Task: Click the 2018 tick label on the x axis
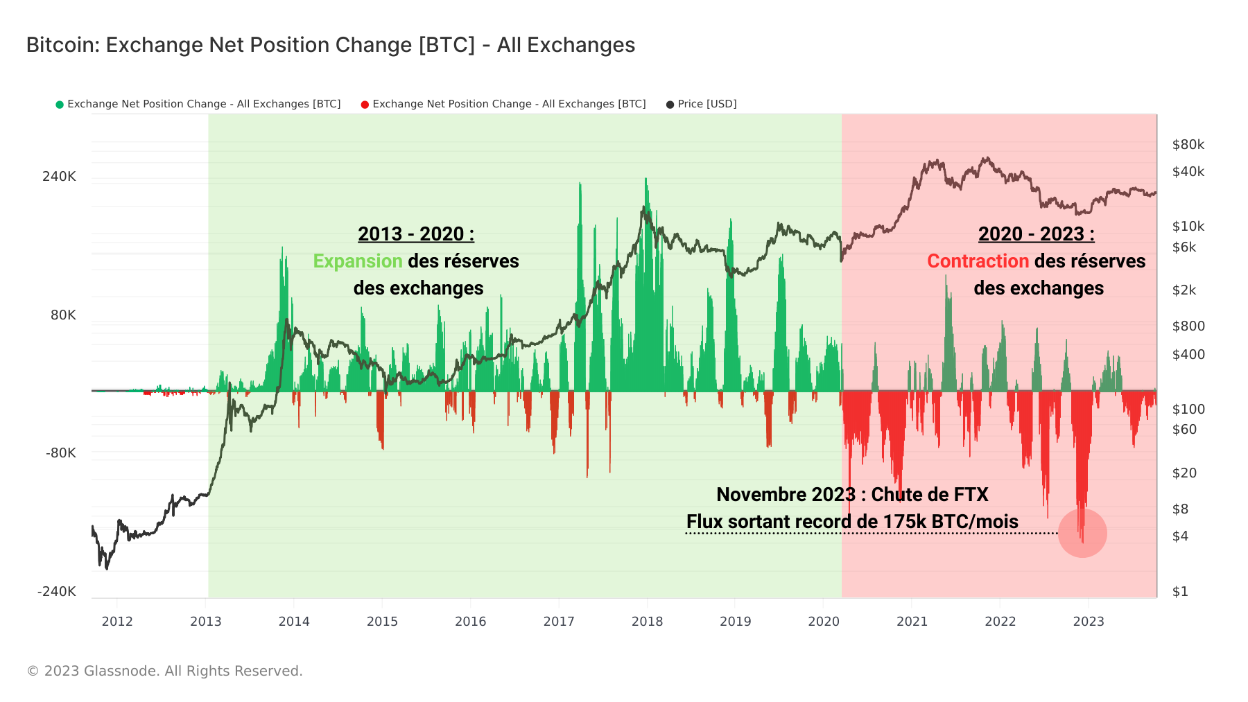(x=647, y=621)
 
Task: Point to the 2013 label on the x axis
(x=206, y=621)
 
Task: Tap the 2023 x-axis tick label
(x=1089, y=621)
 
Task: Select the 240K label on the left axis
(x=59, y=176)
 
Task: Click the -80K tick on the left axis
(x=61, y=453)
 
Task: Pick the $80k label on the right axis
(x=1188, y=144)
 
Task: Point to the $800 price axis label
(x=1188, y=326)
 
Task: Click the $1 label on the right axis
(x=1180, y=591)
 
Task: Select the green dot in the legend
(x=60, y=105)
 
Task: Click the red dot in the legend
(x=365, y=105)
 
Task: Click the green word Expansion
(x=358, y=261)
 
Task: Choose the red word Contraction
(x=978, y=261)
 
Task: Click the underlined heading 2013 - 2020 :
(x=416, y=234)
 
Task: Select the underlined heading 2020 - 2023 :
(x=1036, y=234)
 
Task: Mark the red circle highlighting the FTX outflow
(x=1082, y=533)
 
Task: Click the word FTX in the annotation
(x=971, y=495)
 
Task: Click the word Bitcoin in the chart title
(x=62, y=45)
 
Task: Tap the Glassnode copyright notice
(x=164, y=671)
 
